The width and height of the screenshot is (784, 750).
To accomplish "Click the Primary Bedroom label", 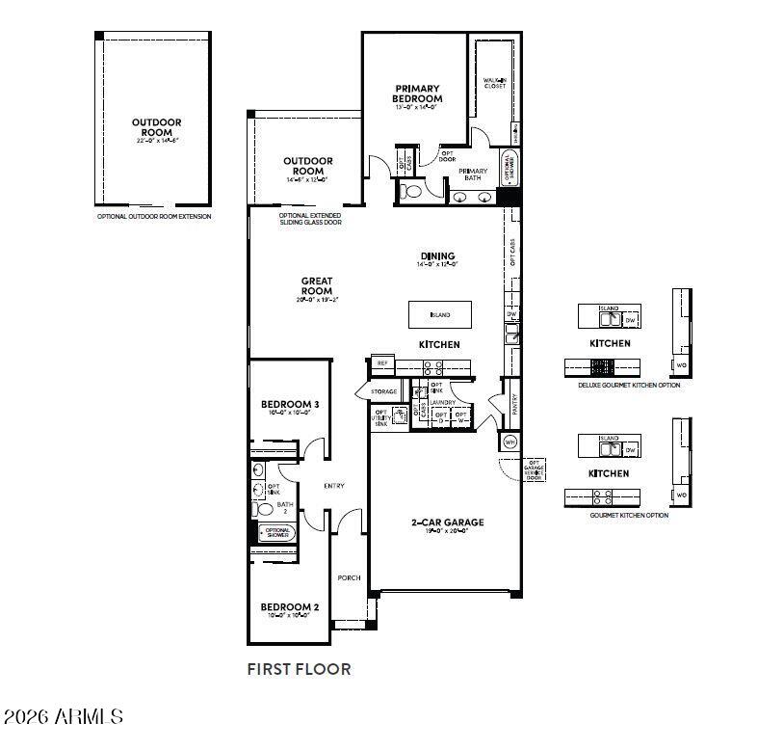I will (417, 94).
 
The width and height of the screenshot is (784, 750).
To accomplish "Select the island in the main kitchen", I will (441, 314).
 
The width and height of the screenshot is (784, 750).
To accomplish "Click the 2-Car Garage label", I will (448, 522).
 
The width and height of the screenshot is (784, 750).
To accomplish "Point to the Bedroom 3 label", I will (290, 404).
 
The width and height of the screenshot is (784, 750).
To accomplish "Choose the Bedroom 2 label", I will (290, 607).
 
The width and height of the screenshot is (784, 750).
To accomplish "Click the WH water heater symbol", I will (510, 442).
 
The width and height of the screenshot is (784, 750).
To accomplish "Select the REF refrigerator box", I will (382, 363).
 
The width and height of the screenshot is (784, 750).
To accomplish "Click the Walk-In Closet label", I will (494, 83).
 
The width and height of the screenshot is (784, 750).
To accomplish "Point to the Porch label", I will (349, 577).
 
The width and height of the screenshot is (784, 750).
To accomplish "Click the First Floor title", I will (299, 668).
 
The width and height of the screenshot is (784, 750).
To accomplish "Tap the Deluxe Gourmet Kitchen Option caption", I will (628, 385).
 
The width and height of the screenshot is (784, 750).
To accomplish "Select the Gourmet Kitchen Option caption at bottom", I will (629, 515).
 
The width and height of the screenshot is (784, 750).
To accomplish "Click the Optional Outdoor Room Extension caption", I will (154, 216).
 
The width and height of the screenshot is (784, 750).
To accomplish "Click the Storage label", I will (384, 392).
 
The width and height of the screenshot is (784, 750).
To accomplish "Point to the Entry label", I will (334, 486).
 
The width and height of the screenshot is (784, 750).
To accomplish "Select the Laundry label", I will (442, 402).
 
